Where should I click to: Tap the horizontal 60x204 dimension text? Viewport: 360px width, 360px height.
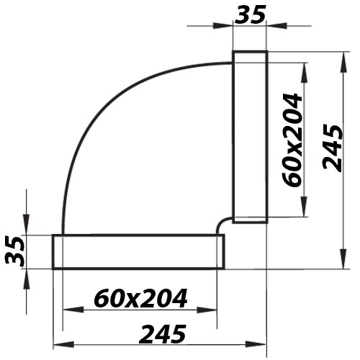pyautogui.click(x=141, y=297)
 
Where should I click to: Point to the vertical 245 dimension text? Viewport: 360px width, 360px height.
pyautogui.click(x=332, y=148)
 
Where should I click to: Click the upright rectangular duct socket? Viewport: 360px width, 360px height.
pyautogui.click(x=250, y=137)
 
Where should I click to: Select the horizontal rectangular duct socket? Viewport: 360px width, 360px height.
pyautogui.click(x=137, y=251)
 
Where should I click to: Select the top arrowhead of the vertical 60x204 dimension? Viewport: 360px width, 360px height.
pyautogui.click(x=307, y=67)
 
